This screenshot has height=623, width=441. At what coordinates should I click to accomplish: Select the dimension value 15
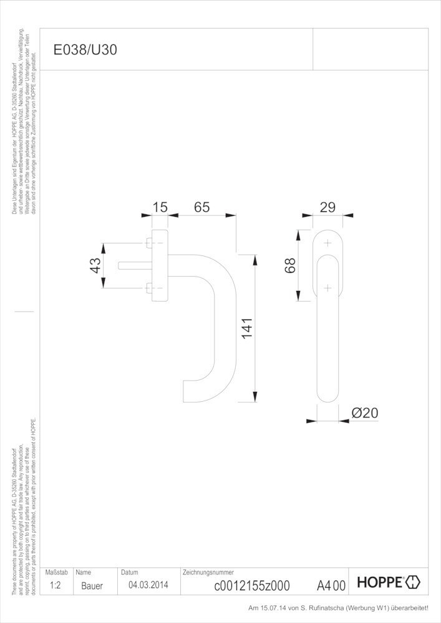coord(160,207)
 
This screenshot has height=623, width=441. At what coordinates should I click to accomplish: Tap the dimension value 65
coord(201,207)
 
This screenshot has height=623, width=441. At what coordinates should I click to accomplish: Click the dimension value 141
coord(246,328)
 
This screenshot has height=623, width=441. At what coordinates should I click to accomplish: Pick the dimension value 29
coord(328,207)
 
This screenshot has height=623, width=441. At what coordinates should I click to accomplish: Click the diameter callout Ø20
coord(365,413)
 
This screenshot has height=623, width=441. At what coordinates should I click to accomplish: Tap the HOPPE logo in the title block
coord(389,583)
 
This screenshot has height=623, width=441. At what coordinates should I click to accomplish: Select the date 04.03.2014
coord(148,585)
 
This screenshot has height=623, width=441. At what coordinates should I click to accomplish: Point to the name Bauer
coord(92,586)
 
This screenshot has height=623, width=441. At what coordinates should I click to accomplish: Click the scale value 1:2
coord(55,586)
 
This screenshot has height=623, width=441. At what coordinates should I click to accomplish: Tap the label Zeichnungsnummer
coord(208,572)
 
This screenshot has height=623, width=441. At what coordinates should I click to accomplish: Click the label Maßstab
coord(56,572)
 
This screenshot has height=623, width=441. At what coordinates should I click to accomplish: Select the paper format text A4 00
coord(331,586)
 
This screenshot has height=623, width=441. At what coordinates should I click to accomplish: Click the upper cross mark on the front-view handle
coord(327,243)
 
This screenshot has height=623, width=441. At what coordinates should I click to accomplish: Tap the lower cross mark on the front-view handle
coord(327,288)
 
